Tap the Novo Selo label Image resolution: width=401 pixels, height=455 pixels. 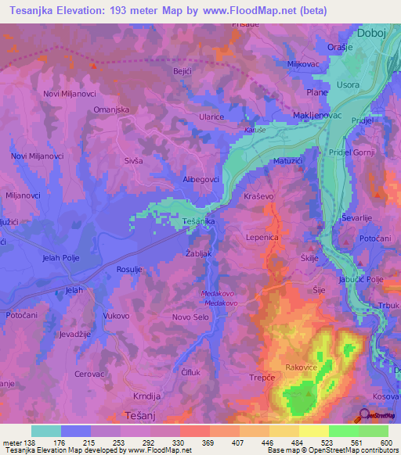coord(191,316)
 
